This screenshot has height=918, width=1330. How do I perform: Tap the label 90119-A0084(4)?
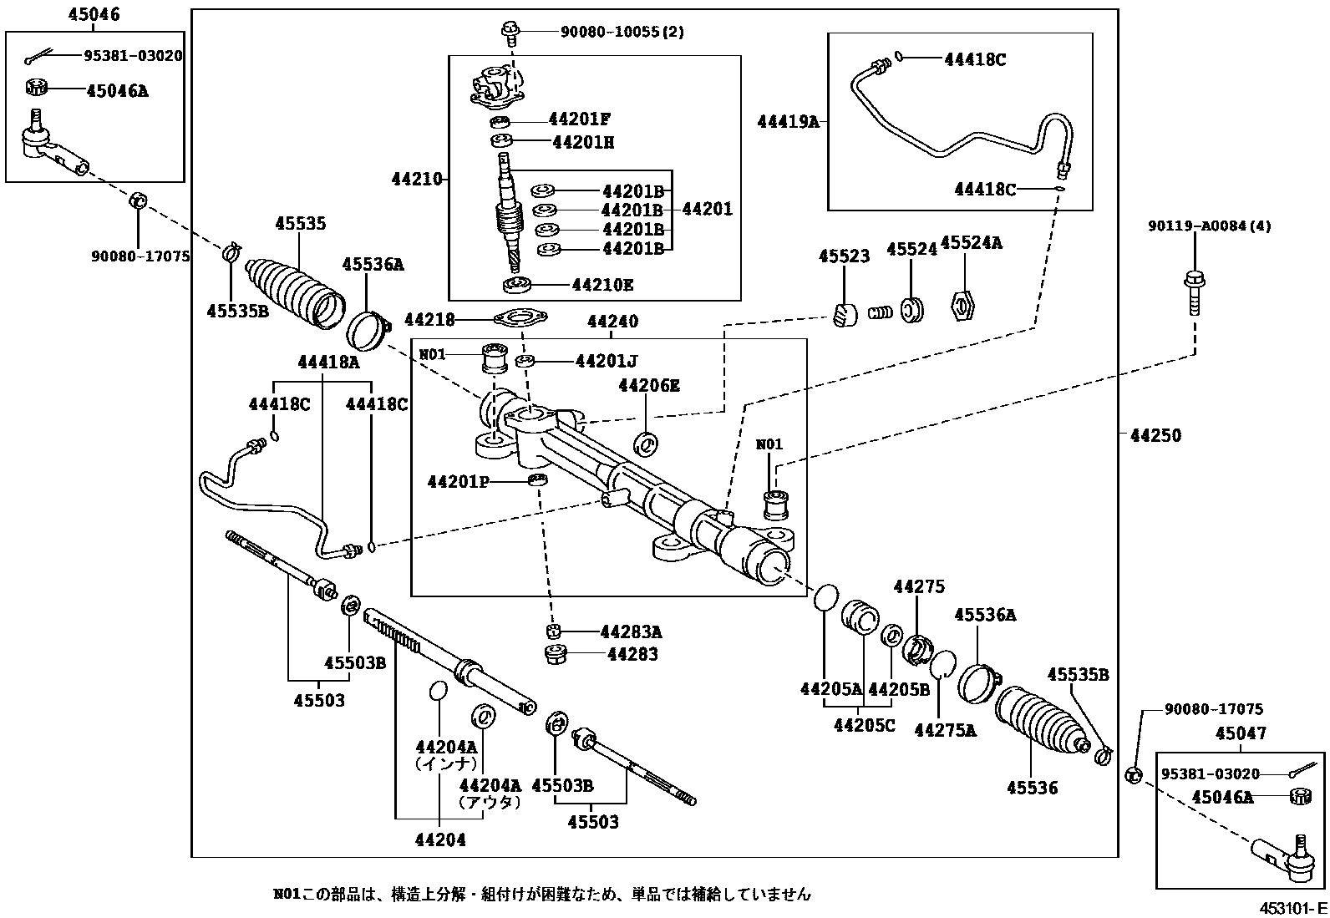(x=1209, y=226)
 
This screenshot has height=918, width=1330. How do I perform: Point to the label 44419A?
(x=788, y=122)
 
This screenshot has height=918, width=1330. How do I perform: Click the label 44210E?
(x=602, y=285)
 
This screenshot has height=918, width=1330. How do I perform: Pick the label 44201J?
(x=607, y=361)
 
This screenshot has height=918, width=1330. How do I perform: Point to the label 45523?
(x=844, y=256)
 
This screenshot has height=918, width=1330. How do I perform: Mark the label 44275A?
(x=945, y=730)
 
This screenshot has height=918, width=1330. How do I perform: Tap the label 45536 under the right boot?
(x=1032, y=788)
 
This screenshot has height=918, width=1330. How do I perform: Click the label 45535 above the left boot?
(x=301, y=224)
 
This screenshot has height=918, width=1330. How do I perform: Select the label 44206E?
(x=648, y=386)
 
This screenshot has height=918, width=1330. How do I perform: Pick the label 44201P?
(x=458, y=482)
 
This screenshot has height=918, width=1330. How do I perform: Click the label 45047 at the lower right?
(x=1241, y=734)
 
